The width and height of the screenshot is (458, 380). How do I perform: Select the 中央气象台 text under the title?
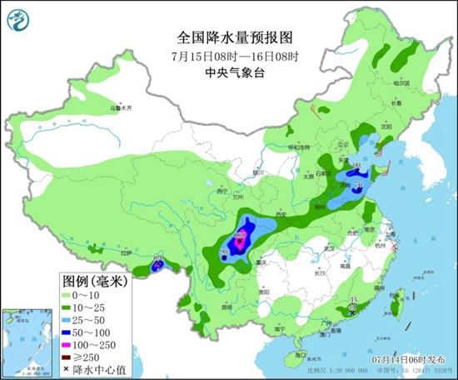pos(228,72)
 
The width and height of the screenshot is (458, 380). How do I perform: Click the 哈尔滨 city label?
pos(402,83)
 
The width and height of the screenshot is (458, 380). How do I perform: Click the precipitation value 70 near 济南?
pos(358,185)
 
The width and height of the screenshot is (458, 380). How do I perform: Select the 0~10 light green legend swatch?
pos(70,296)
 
